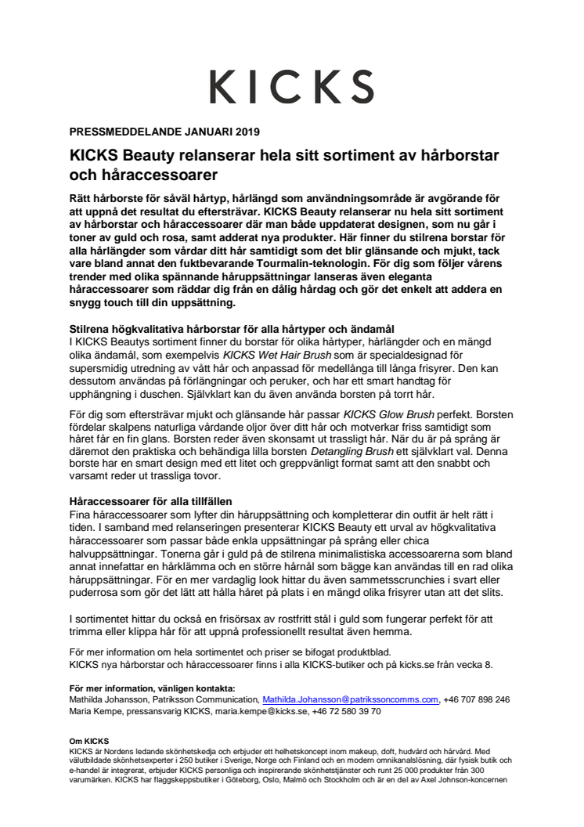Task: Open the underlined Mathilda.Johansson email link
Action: pyautogui.click(x=350, y=699)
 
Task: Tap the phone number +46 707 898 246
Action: pyautogui.click(x=477, y=699)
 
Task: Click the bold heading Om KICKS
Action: pyautogui.click(x=88, y=740)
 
